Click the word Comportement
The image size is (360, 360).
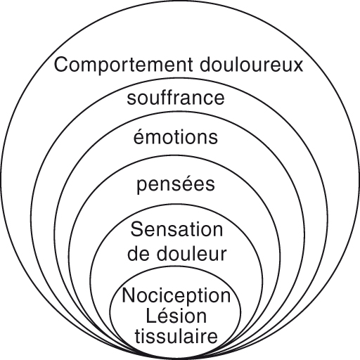(x=114, y=66)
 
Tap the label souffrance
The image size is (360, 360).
(x=176, y=98)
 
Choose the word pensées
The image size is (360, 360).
(x=176, y=186)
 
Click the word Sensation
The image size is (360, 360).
(x=176, y=229)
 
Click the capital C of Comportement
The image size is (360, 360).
(x=60, y=66)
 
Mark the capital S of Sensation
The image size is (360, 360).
(x=136, y=229)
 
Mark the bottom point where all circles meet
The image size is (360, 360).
(x=176, y=353)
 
